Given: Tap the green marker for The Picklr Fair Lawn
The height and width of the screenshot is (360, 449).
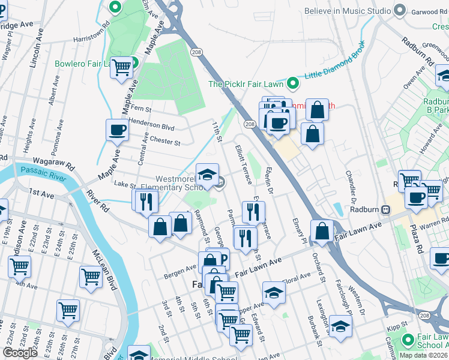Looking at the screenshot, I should tap(293, 83).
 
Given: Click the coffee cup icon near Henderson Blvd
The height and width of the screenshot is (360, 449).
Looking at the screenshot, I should tap(117, 129).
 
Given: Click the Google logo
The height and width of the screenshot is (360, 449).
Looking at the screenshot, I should tap(20, 352).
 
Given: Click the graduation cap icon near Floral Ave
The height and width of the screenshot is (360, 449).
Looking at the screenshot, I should tap(274, 292).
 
